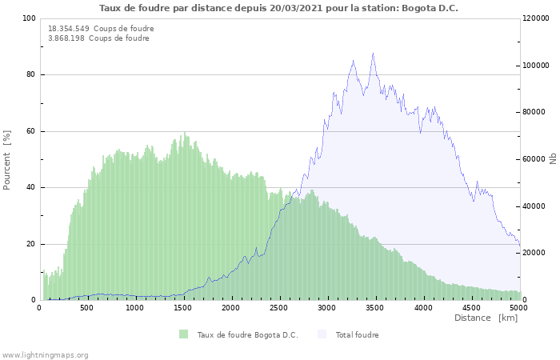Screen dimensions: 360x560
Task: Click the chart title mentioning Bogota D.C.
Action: pos(279,8)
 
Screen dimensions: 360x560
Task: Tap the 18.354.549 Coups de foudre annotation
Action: pos(101,29)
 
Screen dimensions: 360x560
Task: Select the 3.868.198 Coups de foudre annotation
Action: pos(98,38)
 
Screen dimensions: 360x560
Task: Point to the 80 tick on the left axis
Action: pos(30,75)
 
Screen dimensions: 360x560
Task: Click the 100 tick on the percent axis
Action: pos(28,18)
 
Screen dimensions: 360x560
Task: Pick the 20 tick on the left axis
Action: pos(30,244)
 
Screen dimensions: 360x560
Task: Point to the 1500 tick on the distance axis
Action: pos(182,308)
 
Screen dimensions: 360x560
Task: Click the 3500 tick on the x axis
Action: pos(374,308)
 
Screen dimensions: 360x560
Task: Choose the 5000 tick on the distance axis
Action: pos(518,308)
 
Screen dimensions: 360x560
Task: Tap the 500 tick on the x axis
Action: pos(86,308)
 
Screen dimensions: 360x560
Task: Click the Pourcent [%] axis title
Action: pos(7,159)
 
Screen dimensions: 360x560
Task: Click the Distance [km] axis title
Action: pos(486,318)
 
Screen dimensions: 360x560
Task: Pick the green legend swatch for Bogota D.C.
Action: pos(184,334)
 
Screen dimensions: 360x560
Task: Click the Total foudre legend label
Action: pos(357,335)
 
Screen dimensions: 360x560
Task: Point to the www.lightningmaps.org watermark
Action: pos(45,355)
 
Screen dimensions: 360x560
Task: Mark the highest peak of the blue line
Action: pos(373,54)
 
